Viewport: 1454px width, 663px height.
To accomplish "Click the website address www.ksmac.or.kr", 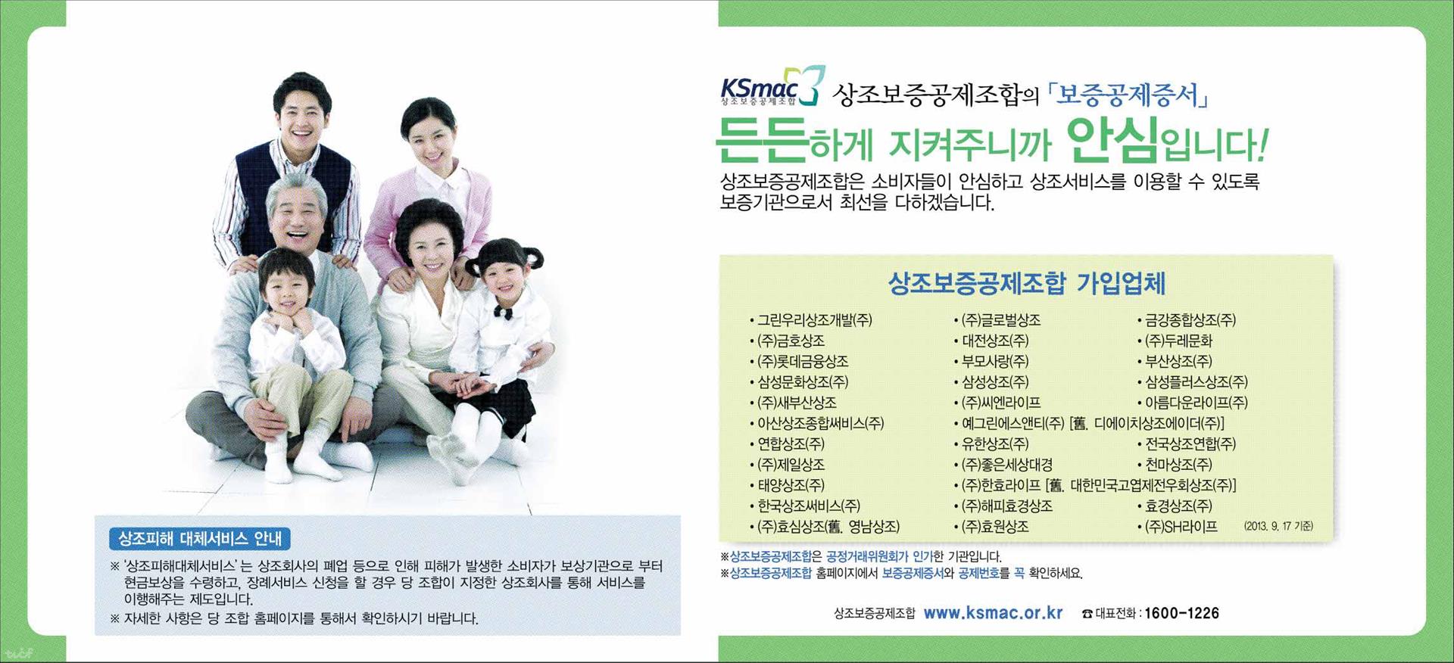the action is (x=994, y=613).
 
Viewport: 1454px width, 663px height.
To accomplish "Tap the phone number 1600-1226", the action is (x=1181, y=613).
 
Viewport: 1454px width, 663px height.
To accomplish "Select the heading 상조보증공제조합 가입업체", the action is (x=1026, y=284).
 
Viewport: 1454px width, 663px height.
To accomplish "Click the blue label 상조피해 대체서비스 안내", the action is (x=200, y=539).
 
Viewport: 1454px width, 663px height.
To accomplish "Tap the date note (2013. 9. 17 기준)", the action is (x=1278, y=526).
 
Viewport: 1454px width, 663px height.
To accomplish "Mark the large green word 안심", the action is (x=1112, y=140).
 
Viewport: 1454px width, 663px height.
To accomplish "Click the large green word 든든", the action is (x=762, y=140).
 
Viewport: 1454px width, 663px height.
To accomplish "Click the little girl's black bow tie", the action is (x=504, y=311).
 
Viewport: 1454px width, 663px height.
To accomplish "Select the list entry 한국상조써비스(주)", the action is (x=809, y=506).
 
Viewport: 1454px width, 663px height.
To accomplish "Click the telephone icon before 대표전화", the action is (x=1087, y=614).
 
